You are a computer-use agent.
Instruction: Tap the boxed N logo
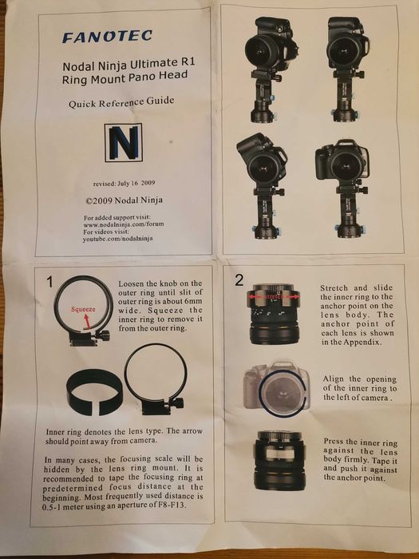click(124, 143)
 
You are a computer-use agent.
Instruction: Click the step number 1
click(50, 281)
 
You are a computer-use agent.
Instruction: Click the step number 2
click(240, 279)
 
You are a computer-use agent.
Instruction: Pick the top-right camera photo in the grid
click(346, 64)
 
